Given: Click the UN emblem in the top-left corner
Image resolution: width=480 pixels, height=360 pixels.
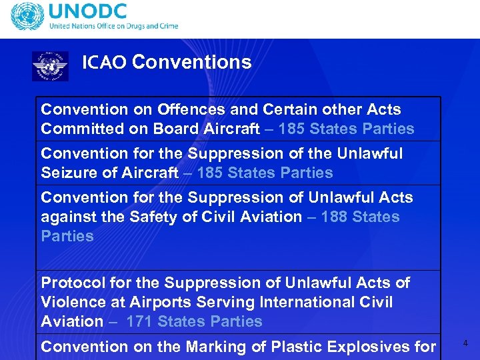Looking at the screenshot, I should pyautogui.click(x=26, y=17).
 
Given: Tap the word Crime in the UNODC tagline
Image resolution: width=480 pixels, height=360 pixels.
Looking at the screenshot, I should pyautogui.click(x=166, y=27).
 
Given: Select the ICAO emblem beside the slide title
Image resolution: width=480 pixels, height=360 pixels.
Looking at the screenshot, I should pyautogui.click(x=50, y=66).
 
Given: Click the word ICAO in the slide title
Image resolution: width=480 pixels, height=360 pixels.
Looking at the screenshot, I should pyautogui.click(x=104, y=63).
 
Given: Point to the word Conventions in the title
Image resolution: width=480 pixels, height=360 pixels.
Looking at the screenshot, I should pyautogui.click(x=192, y=62).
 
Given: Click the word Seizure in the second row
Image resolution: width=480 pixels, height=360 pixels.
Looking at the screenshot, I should pyautogui.click(x=67, y=173).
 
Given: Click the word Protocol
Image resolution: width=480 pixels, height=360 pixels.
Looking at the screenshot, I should pyautogui.click(x=69, y=283).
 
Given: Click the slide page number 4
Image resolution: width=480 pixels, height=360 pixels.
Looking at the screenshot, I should pyautogui.click(x=465, y=343).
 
